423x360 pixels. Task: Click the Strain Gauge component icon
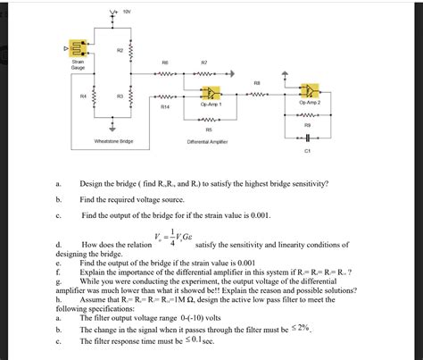(78, 48)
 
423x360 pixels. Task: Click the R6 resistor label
(165, 62)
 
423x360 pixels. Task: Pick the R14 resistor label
(165, 105)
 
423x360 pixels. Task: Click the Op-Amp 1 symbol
(211, 92)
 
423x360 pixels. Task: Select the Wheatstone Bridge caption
(113, 141)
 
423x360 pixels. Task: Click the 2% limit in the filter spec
(305, 327)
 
